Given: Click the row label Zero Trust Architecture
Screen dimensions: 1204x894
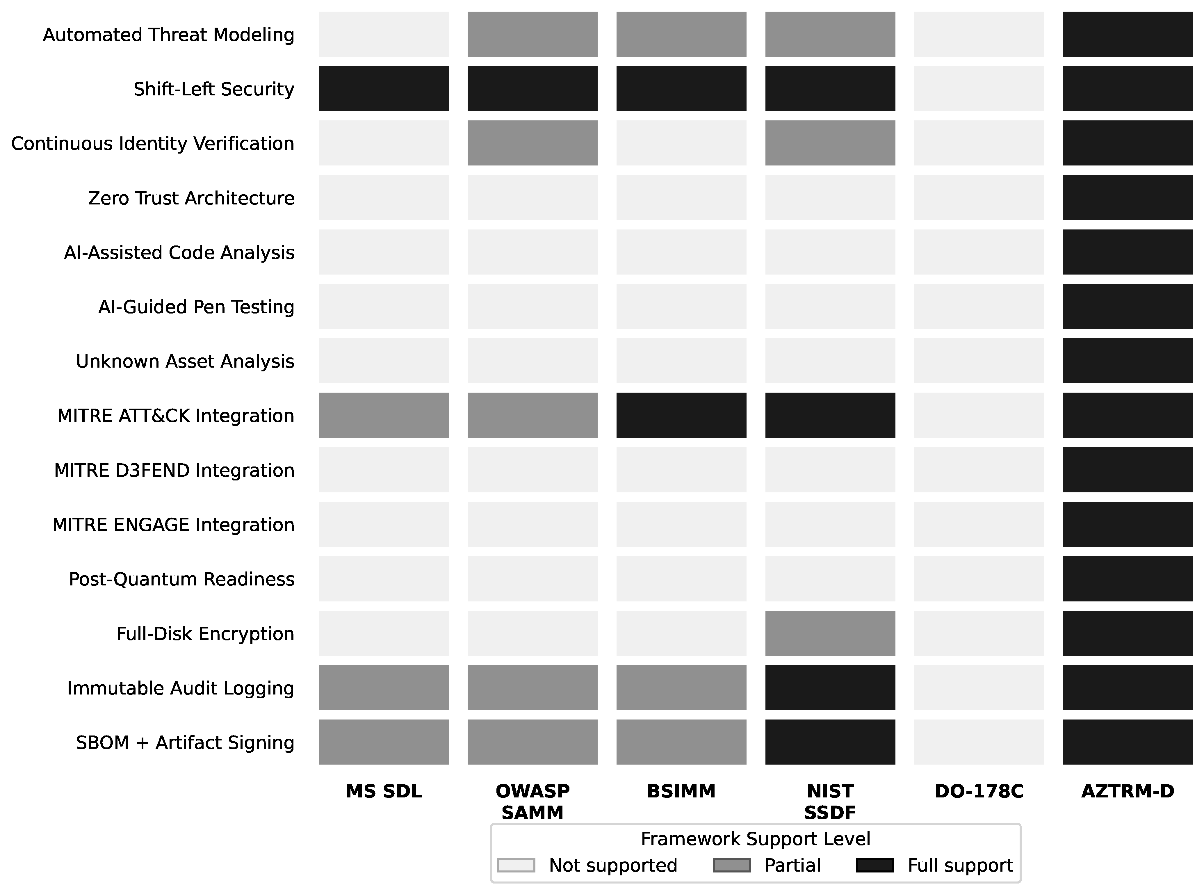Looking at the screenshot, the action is (191, 198).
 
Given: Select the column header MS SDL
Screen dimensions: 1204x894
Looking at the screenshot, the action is (384, 791).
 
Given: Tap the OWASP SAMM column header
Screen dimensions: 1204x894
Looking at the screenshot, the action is (532, 802).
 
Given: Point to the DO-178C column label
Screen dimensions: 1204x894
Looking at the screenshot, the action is (979, 791).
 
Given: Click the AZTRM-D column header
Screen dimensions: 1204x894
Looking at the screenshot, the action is (1128, 791).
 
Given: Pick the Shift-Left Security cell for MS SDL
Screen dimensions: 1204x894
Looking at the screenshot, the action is (384, 89).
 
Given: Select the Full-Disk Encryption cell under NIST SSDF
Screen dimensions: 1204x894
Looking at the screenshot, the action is (830, 633).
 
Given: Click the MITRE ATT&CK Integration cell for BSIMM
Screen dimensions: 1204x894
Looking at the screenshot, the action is (681, 415).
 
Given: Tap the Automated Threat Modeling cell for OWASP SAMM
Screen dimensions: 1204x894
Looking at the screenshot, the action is (532, 34).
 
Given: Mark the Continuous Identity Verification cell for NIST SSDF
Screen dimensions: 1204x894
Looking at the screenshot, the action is (830, 143).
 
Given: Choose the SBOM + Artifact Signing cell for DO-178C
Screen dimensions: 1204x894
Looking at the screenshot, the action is (979, 742).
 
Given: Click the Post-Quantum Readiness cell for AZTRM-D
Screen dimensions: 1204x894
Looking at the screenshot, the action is (1128, 578).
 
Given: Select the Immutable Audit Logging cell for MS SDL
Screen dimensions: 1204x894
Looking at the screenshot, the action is (384, 687).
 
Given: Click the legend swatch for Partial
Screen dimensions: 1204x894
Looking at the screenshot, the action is (732, 865).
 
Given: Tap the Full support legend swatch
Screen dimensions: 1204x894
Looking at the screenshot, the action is (875, 865).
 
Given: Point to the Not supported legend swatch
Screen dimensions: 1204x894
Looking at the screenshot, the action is (516, 865).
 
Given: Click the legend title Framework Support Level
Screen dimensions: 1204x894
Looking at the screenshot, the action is (756, 839).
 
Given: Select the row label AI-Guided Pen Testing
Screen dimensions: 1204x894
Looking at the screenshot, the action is (196, 307).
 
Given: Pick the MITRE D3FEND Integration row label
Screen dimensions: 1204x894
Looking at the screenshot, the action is (174, 470).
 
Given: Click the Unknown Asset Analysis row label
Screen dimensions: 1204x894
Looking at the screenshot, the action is (185, 361).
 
